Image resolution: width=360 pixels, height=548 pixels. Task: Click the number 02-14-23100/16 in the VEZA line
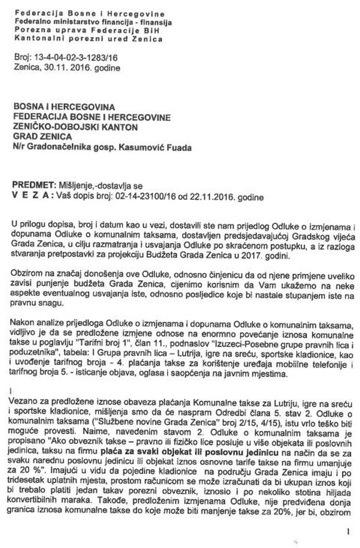pos(136,196)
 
